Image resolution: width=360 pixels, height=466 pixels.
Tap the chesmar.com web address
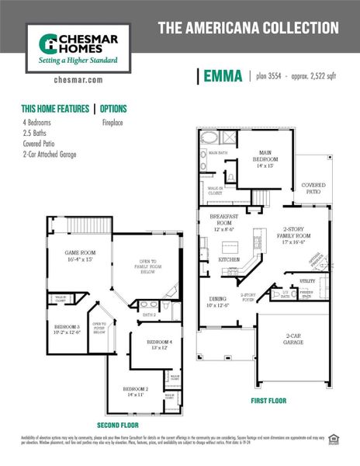(74, 79)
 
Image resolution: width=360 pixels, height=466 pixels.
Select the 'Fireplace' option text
(115, 122)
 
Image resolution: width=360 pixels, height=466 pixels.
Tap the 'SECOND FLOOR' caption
(118, 426)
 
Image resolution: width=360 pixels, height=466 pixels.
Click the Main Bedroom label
(259, 159)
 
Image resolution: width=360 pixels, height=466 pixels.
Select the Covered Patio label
(313, 188)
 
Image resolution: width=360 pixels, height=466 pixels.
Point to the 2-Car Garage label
(293, 339)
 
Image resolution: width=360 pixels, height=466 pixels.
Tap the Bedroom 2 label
(135, 391)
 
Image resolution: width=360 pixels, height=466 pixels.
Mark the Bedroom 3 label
(67, 329)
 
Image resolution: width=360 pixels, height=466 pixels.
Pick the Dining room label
(217, 301)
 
